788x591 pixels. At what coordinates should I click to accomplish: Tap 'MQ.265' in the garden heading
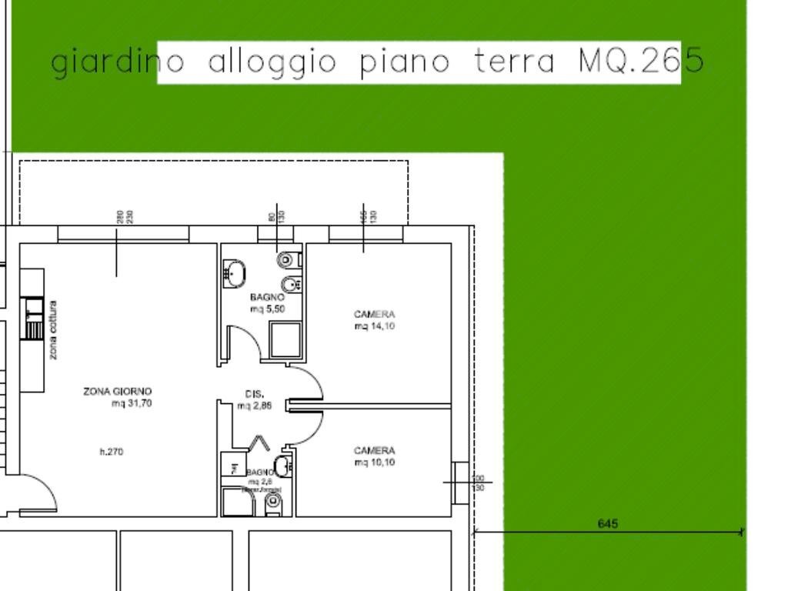click(x=640, y=62)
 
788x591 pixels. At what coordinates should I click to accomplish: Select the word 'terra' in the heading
click(x=513, y=62)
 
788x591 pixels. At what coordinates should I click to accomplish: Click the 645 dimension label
click(x=607, y=524)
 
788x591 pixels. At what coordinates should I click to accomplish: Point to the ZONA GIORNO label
click(x=118, y=392)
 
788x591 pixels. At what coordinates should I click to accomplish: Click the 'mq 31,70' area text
click(x=131, y=403)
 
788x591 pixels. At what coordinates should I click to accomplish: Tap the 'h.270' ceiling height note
click(x=112, y=452)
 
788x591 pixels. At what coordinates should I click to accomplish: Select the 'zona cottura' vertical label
click(x=52, y=329)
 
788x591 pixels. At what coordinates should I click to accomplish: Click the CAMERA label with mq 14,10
click(x=374, y=315)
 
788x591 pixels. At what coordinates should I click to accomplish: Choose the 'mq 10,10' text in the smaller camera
click(x=375, y=462)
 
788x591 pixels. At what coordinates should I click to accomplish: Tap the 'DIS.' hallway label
click(x=255, y=394)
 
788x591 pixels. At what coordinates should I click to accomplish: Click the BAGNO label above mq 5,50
click(x=267, y=297)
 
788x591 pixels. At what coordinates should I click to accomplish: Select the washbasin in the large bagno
click(x=234, y=273)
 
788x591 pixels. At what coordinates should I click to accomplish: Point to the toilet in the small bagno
click(x=273, y=504)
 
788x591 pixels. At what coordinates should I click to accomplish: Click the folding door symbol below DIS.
click(x=259, y=443)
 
